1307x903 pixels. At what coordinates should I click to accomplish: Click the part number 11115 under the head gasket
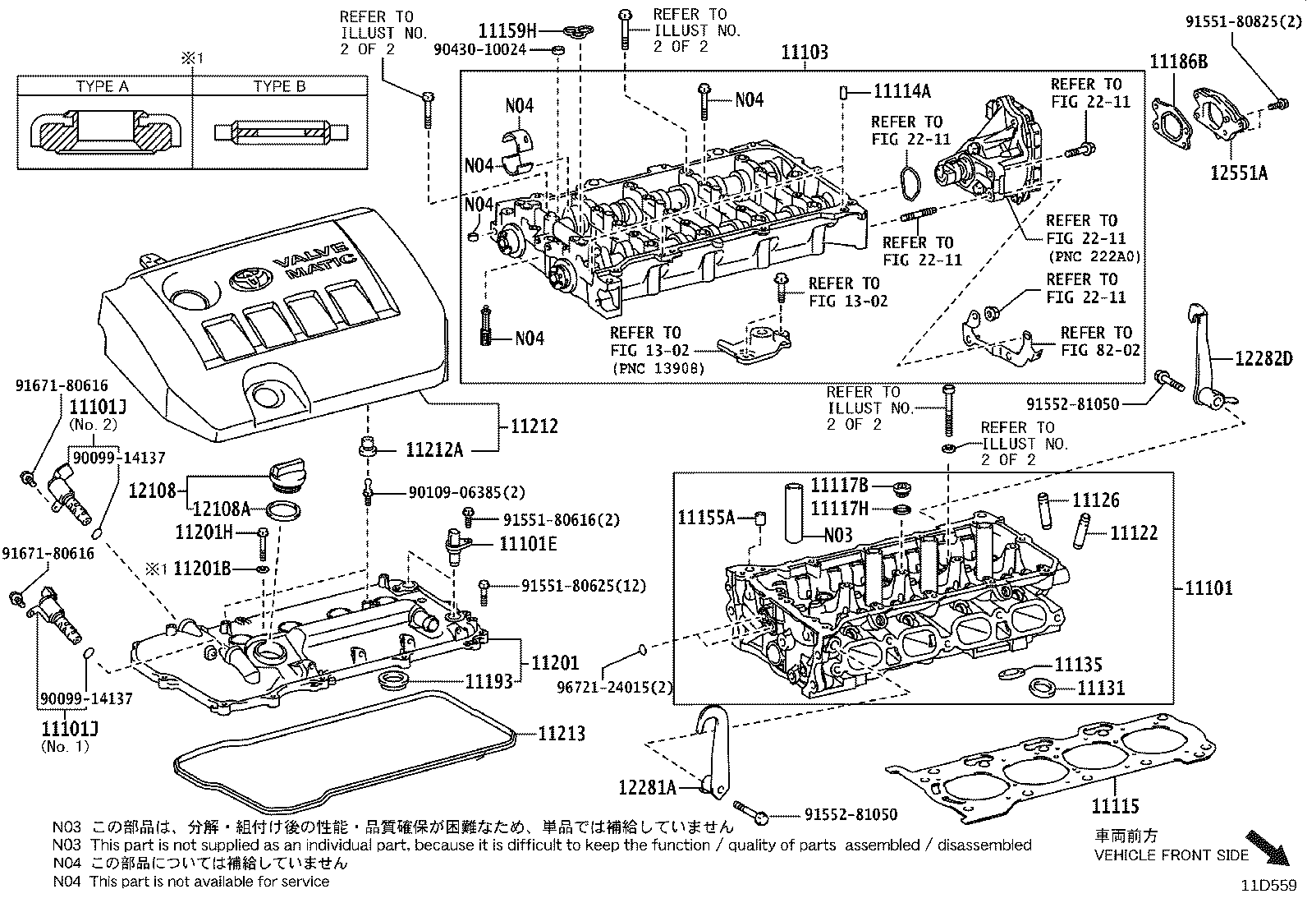click(1115, 805)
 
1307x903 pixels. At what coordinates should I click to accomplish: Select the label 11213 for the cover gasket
click(562, 733)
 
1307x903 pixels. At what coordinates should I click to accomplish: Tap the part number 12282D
click(1263, 358)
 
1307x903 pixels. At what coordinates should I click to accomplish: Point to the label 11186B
click(1178, 62)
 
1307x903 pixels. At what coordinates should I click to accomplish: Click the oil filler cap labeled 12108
click(283, 477)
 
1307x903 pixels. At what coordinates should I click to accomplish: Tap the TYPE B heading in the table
click(279, 86)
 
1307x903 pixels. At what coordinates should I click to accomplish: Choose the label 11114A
click(901, 90)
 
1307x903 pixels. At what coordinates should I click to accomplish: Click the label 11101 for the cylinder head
click(1208, 588)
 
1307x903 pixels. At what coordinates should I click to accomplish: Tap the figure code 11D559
click(1268, 886)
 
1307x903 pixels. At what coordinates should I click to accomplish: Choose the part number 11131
click(1100, 688)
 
